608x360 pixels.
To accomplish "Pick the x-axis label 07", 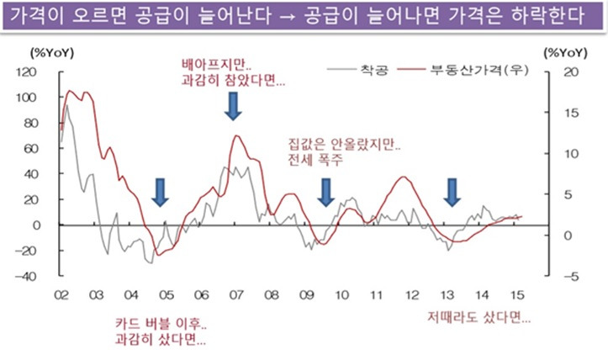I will point(236,296).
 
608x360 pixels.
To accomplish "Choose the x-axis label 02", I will point(61,296).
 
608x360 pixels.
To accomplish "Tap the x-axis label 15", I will point(518,296).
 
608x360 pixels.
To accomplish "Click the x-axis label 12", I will point(412,296).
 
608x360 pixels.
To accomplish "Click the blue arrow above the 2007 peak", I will point(235,105).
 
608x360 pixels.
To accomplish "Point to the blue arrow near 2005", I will point(161,192).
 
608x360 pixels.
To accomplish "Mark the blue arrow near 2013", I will point(452,192).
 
